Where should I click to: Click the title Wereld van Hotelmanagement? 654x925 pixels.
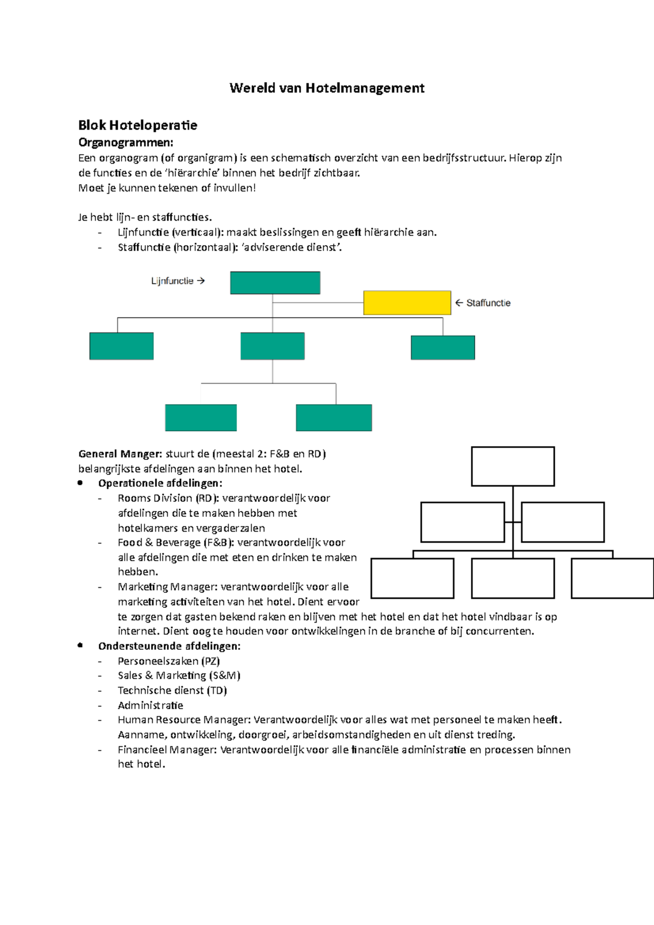(327, 88)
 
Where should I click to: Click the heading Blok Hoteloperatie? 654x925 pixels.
(137, 125)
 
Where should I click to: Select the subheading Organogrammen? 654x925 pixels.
(126, 143)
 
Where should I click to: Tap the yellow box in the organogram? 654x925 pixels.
(407, 303)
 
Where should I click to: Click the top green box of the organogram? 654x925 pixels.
(275, 283)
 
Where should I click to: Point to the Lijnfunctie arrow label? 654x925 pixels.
(178, 281)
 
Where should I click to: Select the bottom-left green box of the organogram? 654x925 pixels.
(201, 418)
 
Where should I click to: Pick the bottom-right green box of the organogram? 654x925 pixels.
(334, 418)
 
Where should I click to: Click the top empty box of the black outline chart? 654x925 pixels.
(513, 466)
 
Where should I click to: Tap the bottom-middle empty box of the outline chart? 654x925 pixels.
(513, 579)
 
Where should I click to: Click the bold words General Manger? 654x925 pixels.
(120, 454)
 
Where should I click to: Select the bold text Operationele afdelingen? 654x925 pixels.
(160, 483)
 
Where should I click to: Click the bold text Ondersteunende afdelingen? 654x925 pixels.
(169, 646)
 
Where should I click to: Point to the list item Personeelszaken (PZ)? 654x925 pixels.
(168, 661)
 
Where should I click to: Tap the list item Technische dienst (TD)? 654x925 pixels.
(172, 690)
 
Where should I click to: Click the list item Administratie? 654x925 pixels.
(150, 705)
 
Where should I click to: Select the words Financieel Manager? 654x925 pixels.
(168, 750)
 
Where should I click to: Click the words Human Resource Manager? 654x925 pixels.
(184, 720)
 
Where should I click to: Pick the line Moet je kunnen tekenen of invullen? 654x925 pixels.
(167, 188)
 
